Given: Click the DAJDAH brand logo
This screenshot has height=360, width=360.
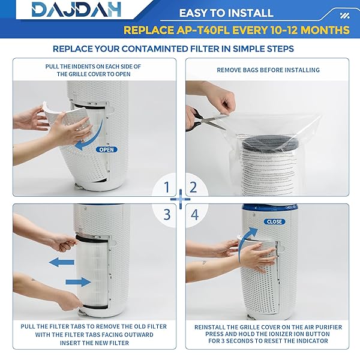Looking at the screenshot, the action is (76, 10).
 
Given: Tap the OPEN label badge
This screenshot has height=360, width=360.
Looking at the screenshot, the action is (107, 149).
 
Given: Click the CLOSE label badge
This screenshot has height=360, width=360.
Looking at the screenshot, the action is (275, 221).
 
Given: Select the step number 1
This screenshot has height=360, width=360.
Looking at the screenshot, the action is (167, 187).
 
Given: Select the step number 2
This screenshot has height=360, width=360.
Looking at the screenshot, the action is (193, 187).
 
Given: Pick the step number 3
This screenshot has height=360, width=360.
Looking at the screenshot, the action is (167, 215).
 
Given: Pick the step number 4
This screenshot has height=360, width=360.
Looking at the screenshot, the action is (194, 215).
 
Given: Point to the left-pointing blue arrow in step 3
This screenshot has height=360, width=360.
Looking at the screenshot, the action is (62, 262).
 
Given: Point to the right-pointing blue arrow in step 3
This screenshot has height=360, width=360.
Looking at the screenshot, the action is (79, 282).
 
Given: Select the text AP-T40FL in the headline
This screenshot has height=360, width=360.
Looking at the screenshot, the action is (203, 30).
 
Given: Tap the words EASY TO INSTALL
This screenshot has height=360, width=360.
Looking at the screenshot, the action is (226, 13).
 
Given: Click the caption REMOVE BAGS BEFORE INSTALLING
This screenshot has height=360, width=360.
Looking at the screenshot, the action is (268, 70).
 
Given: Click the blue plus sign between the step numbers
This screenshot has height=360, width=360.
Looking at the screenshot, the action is (181, 199).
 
